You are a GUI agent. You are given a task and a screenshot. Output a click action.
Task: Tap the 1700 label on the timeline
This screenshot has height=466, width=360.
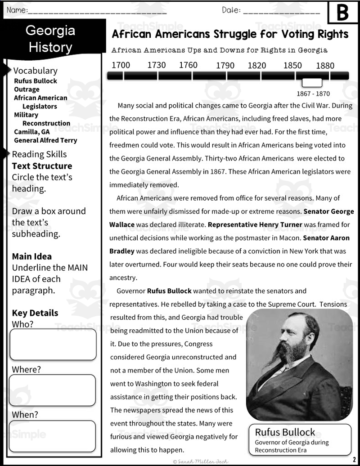pyautogui.click(x=121, y=65)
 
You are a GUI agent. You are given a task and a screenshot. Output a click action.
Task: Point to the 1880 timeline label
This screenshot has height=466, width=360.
pyautogui.click(x=325, y=66)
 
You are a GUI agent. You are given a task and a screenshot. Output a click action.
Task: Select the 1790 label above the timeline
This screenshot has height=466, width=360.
pyautogui.click(x=225, y=66)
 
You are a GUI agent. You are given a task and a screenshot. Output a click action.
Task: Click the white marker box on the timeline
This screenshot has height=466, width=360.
pyautogui.click(x=312, y=82)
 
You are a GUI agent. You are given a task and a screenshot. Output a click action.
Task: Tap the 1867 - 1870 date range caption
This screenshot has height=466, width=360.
pyautogui.click(x=313, y=94)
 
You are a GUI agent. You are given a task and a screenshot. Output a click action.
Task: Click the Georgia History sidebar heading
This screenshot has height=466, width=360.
pyautogui.click(x=50, y=39)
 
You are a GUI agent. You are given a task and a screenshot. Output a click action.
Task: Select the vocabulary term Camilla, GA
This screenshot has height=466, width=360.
pyautogui.click(x=32, y=132)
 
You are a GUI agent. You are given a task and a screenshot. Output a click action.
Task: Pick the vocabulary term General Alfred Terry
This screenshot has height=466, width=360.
pyautogui.click(x=45, y=140)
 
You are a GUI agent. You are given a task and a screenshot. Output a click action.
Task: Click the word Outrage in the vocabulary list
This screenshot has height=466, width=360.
pyautogui.click(x=27, y=90)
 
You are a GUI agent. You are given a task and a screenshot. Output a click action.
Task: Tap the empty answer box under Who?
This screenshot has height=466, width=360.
pyautogui.click(x=53, y=345)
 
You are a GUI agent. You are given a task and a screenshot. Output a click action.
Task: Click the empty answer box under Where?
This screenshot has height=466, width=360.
pyautogui.click(x=53, y=390)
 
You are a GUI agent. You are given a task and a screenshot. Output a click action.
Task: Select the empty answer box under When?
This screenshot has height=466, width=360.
pyautogui.click(x=53, y=435)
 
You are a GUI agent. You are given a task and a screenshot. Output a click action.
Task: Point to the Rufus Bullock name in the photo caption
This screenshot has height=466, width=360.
pyautogui.click(x=285, y=432)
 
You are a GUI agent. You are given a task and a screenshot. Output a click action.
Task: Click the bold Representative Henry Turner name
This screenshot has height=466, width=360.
pyautogui.click(x=255, y=224)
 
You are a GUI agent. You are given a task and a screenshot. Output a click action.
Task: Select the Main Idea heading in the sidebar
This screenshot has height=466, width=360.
pyautogui.click(x=32, y=256)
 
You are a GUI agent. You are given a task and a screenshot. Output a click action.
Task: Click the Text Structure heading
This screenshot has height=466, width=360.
pyautogui.click(x=42, y=166)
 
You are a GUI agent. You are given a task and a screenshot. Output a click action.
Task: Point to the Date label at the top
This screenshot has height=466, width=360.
pyautogui.click(x=231, y=10)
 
